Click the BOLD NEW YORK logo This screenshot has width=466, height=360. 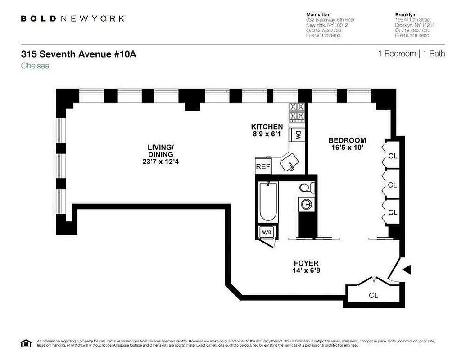(72, 18)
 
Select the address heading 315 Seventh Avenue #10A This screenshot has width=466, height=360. (78, 54)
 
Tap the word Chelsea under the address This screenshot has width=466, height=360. (35, 66)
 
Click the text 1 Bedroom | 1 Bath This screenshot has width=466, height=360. (411, 54)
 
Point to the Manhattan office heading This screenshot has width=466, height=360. (318, 14)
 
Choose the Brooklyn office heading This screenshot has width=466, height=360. (405, 14)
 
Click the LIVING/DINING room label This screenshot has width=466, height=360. (160, 151)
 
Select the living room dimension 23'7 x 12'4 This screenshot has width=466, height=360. (160, 162)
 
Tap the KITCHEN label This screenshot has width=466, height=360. (267, 127)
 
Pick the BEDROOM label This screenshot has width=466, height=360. (347, 140)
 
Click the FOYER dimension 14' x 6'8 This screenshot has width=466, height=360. (306, 271)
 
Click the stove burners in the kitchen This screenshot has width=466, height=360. (297, 112)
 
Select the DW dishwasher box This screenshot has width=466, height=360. (298, 135)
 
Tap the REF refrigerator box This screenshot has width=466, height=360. (262, 166)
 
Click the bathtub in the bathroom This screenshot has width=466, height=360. (268, 202)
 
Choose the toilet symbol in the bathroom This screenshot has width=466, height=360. (306, 188)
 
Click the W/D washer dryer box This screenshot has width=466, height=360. (266, 233)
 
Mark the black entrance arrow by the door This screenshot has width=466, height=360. (407, 269)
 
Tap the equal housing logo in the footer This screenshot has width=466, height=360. (26, 344)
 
